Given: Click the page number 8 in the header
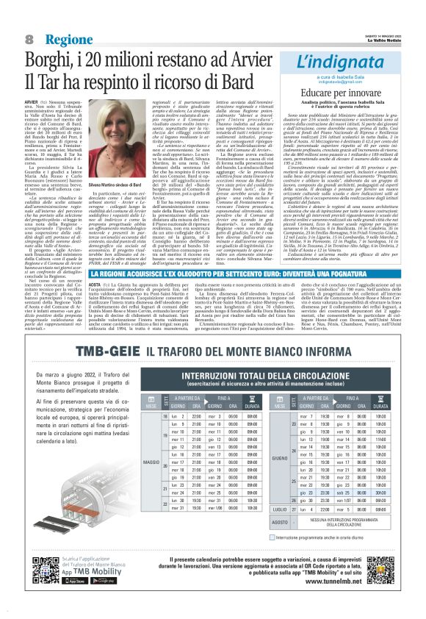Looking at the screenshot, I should (x=28, y=37).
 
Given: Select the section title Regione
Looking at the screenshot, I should (x=67, y=38).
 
